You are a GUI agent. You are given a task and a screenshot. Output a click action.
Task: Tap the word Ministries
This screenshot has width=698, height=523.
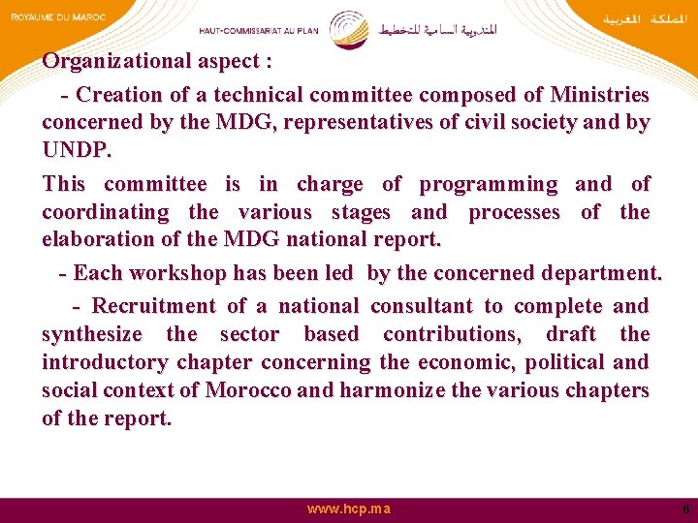coord(599,95)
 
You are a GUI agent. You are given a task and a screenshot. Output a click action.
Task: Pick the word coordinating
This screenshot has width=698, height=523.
coord(105,212)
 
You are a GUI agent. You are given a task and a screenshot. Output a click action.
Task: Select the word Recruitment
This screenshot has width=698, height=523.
coord(154,306)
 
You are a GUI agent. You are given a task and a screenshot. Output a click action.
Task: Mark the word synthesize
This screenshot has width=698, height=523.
coord(92,334)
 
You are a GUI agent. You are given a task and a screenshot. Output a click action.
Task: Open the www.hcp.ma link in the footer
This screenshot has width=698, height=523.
coord(349,508)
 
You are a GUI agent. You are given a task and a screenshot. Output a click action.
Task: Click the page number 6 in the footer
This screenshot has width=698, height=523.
coord(685,508)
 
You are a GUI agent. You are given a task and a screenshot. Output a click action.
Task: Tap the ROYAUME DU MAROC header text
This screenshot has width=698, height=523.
coord(58,17)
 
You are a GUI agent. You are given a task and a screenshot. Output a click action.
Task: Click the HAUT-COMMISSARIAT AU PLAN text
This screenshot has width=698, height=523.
coord(258,30)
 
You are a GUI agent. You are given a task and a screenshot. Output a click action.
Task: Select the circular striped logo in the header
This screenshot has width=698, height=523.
coord(348,28)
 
